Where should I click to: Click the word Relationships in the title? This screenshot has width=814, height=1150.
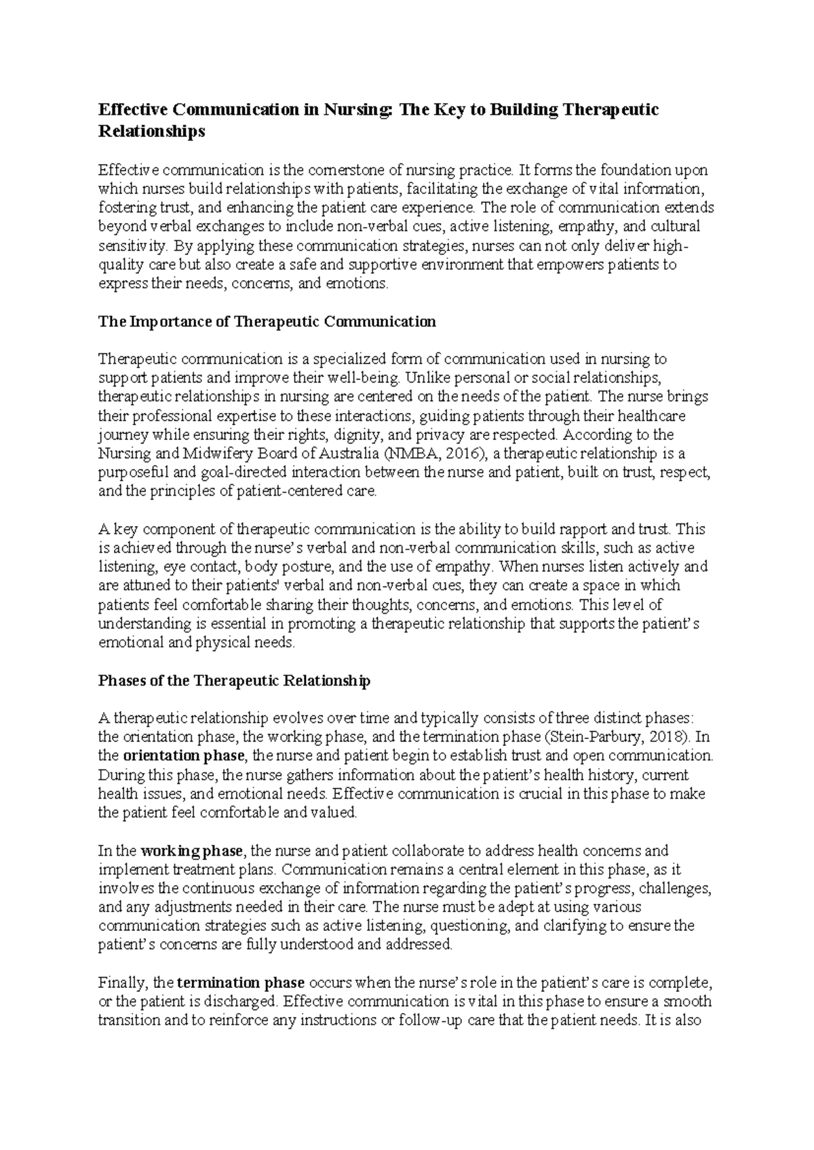[151, 132]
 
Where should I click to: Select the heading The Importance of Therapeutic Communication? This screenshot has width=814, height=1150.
[267, 321]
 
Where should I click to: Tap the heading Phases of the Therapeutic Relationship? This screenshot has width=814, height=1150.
[235, 680]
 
